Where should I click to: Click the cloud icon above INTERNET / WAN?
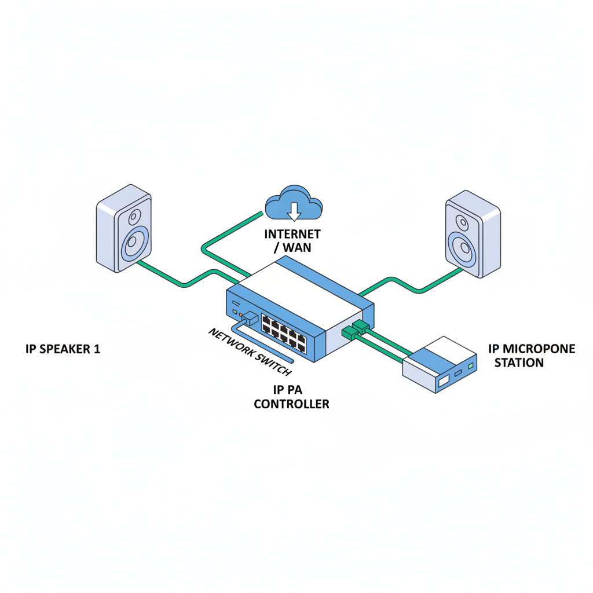click(294, 204)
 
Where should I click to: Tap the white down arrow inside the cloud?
click(294, 211)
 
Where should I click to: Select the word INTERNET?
click(292, 235)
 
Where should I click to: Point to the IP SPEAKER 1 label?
click(63, 349)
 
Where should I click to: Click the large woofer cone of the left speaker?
click(135, 243)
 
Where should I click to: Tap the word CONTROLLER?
click(291, 404)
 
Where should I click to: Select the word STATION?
click(519, 363)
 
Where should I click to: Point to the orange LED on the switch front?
click(241, 314)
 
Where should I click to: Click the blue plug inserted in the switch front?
click(250, 317)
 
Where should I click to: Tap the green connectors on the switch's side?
click(354, 328)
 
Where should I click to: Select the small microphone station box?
click(440, 365)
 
